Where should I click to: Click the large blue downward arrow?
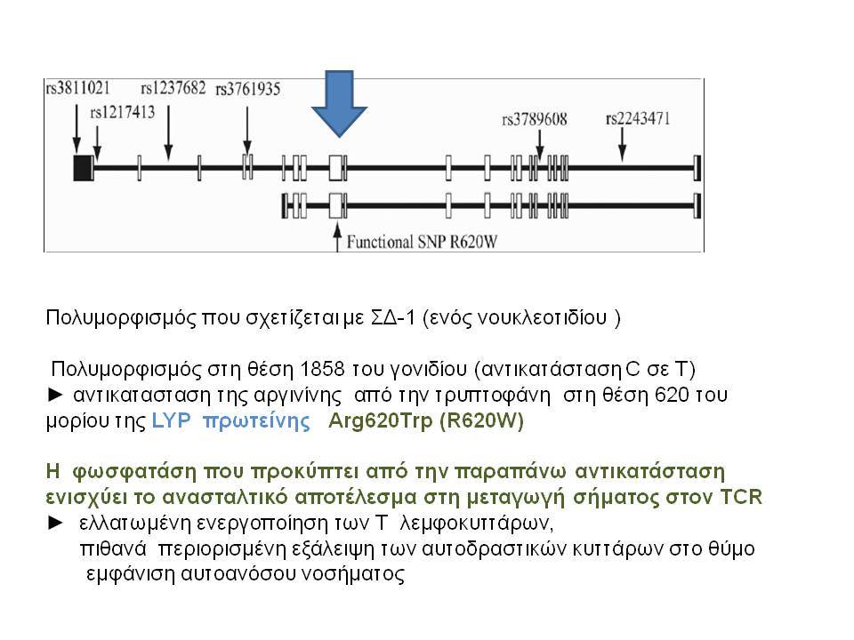pos(339,103)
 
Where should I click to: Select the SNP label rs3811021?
pos(78,88)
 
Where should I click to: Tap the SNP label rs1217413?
pos(123,112)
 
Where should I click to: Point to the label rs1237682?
pos(173,88)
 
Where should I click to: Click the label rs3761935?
pos(248,89)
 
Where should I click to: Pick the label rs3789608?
pos(535,118)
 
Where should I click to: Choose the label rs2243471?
pos(638,118)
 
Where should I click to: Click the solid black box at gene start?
pos(83,168)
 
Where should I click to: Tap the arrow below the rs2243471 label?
pos(622,145)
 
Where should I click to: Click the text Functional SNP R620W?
pos(422,242)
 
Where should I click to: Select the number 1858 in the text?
pos(322,370)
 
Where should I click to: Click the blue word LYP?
pos(171,420)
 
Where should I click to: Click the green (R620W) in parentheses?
pos(481,420)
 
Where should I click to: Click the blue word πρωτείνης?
pos(256,421)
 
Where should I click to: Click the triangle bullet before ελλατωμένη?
pos(55,523)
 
